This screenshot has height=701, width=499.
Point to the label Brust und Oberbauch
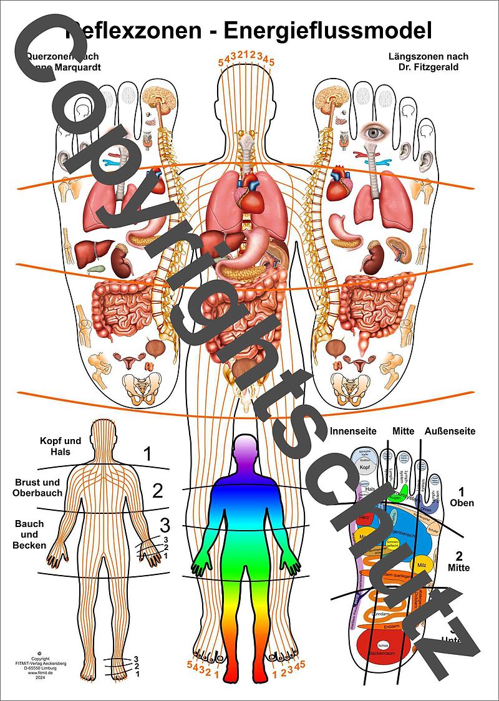coord(36,487)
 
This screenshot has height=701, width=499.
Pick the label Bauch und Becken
coord(29,534)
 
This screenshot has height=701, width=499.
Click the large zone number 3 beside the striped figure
coord(165,523)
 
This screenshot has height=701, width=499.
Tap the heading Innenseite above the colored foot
coord(352,431)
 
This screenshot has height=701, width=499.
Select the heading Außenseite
coord(450,431)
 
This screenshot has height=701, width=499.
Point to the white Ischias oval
coord(384,645)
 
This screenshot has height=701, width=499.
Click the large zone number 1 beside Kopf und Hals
coord(147,453)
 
